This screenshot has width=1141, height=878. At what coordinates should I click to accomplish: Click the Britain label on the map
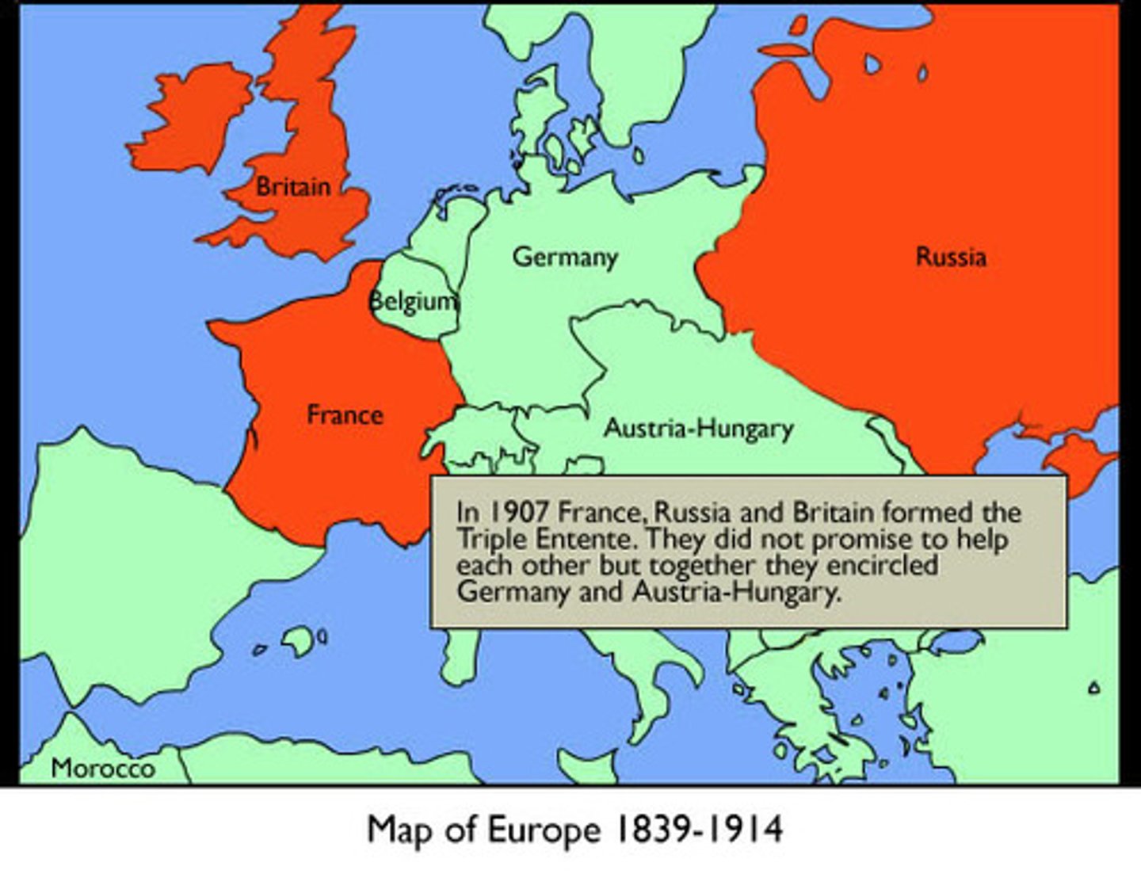292,187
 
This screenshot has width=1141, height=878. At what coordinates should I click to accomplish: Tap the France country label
345,414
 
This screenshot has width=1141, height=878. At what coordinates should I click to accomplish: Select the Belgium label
414,301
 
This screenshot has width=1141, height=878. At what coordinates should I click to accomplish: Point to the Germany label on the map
564,257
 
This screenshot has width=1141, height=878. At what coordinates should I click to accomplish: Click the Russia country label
951,257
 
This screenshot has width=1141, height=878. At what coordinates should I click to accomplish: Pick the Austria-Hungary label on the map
698,429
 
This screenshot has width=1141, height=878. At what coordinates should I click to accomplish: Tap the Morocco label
103,768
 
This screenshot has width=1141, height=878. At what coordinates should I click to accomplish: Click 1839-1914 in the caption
700,829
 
